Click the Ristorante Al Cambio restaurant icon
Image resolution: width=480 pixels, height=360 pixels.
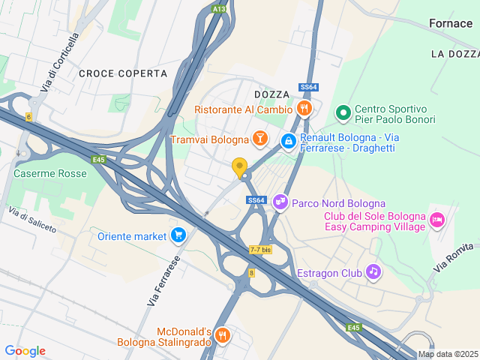[x=304, y=109]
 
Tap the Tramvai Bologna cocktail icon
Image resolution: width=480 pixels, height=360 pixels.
[x=260, y=139]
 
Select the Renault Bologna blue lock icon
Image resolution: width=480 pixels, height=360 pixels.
[x=288, y=140]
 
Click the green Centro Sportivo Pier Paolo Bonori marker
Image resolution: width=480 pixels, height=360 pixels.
[x=343, y=113]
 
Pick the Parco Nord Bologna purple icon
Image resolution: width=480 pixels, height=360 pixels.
[x=280, y=201]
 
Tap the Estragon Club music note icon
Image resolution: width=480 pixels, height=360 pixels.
[x=373, y=271]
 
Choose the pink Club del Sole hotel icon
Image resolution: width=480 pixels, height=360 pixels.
[x=437, y=220]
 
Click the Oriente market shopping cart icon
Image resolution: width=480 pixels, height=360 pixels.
[x=178, y=235]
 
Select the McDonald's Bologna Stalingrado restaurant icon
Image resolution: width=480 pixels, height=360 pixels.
[x=222, y=335]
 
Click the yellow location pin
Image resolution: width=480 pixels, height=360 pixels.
[x=240, y=168]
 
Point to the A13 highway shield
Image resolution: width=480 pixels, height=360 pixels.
[x=218, y=9]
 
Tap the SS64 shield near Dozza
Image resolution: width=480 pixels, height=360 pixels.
[x=306, y=88]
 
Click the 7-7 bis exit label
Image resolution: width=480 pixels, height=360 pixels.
[x=259, y=250]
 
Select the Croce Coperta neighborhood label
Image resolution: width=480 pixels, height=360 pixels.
[x=122, y=73]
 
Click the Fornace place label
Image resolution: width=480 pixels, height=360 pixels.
[x=451, y=23]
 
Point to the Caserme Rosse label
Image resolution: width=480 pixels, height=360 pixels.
[x=50, y=173]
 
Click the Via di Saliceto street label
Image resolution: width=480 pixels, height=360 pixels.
[x=33, y=220]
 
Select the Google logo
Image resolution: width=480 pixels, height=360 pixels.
[x=25, y=351]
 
